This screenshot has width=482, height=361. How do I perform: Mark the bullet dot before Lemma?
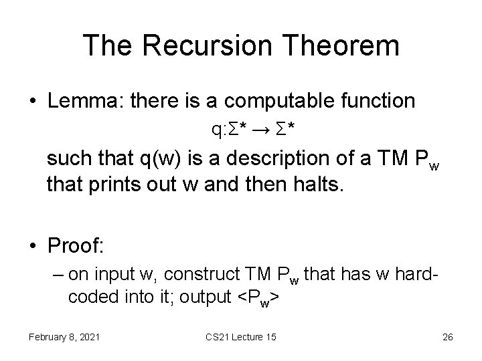(x=32, y=102)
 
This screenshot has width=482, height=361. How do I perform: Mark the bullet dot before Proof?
(x=32, y=246)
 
